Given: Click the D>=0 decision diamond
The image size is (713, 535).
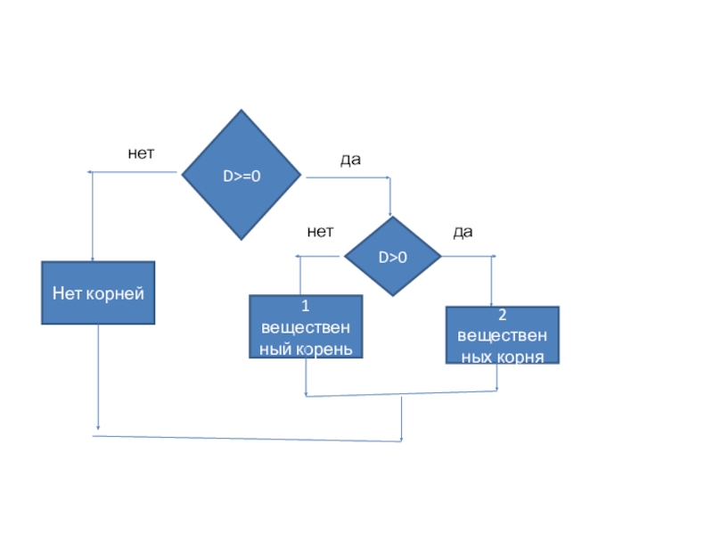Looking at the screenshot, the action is tap(242, 175).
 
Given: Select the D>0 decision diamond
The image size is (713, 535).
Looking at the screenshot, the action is tap(393, 256).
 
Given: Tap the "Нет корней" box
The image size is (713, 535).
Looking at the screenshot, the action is tap(98, 292).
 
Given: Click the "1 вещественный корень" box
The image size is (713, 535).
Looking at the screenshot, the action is tap(306, 326).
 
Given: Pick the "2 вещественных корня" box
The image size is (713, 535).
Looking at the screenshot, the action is tap(503, 335).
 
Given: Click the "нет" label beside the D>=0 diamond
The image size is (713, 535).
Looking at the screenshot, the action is tap(141, 153).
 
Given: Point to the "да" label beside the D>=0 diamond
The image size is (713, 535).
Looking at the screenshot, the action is tap(350, 160).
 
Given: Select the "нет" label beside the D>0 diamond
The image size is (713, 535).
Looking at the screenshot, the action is tap(320, 232).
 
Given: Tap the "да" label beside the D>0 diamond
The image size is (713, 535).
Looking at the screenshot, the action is tap(463, 232).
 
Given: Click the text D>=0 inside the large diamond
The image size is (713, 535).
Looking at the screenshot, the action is tap(242, 176).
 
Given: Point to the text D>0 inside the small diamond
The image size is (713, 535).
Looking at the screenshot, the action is tap(393, 258).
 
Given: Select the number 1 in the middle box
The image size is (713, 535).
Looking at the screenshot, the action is tap(306, 306).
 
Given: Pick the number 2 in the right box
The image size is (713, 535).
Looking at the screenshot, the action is tap(503, 315).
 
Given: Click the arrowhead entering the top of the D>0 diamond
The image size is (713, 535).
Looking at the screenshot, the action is tap(390, 214).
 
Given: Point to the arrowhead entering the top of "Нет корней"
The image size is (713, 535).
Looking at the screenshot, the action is tap(93, 259).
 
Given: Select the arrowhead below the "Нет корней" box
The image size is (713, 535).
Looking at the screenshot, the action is tap(98, 428).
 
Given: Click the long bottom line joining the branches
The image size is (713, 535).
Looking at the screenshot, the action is tap(247, 439).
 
